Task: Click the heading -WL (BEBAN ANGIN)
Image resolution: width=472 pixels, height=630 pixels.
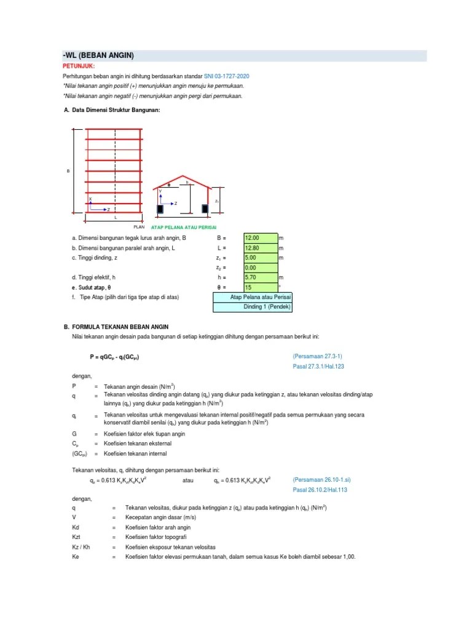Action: pyautogui.click(x=98, y=56)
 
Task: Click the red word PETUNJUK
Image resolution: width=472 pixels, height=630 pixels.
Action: pyautogui.click(x=79, y=66)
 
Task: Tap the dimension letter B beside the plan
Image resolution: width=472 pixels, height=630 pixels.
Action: pyautogui.click(x=68, y=171)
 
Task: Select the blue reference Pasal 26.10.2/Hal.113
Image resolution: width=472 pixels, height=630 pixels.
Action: pyautogui.click(x=320, y=490)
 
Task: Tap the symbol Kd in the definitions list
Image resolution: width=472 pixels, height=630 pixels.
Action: pyautogui.click(x=76, y=527)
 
